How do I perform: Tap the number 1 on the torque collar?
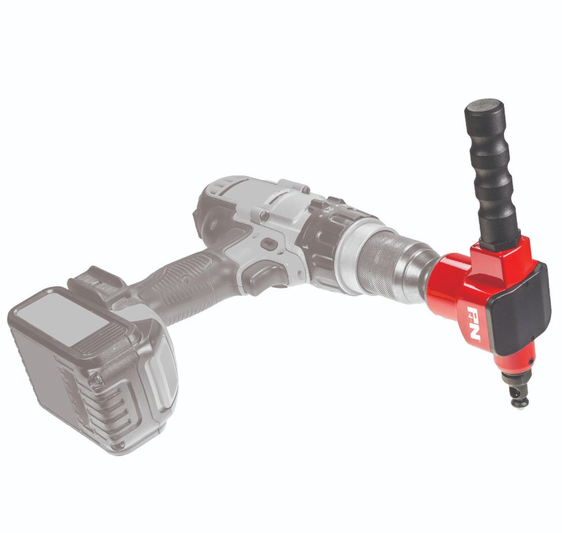pos(305,247)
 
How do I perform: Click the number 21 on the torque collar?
pos(327,213)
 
